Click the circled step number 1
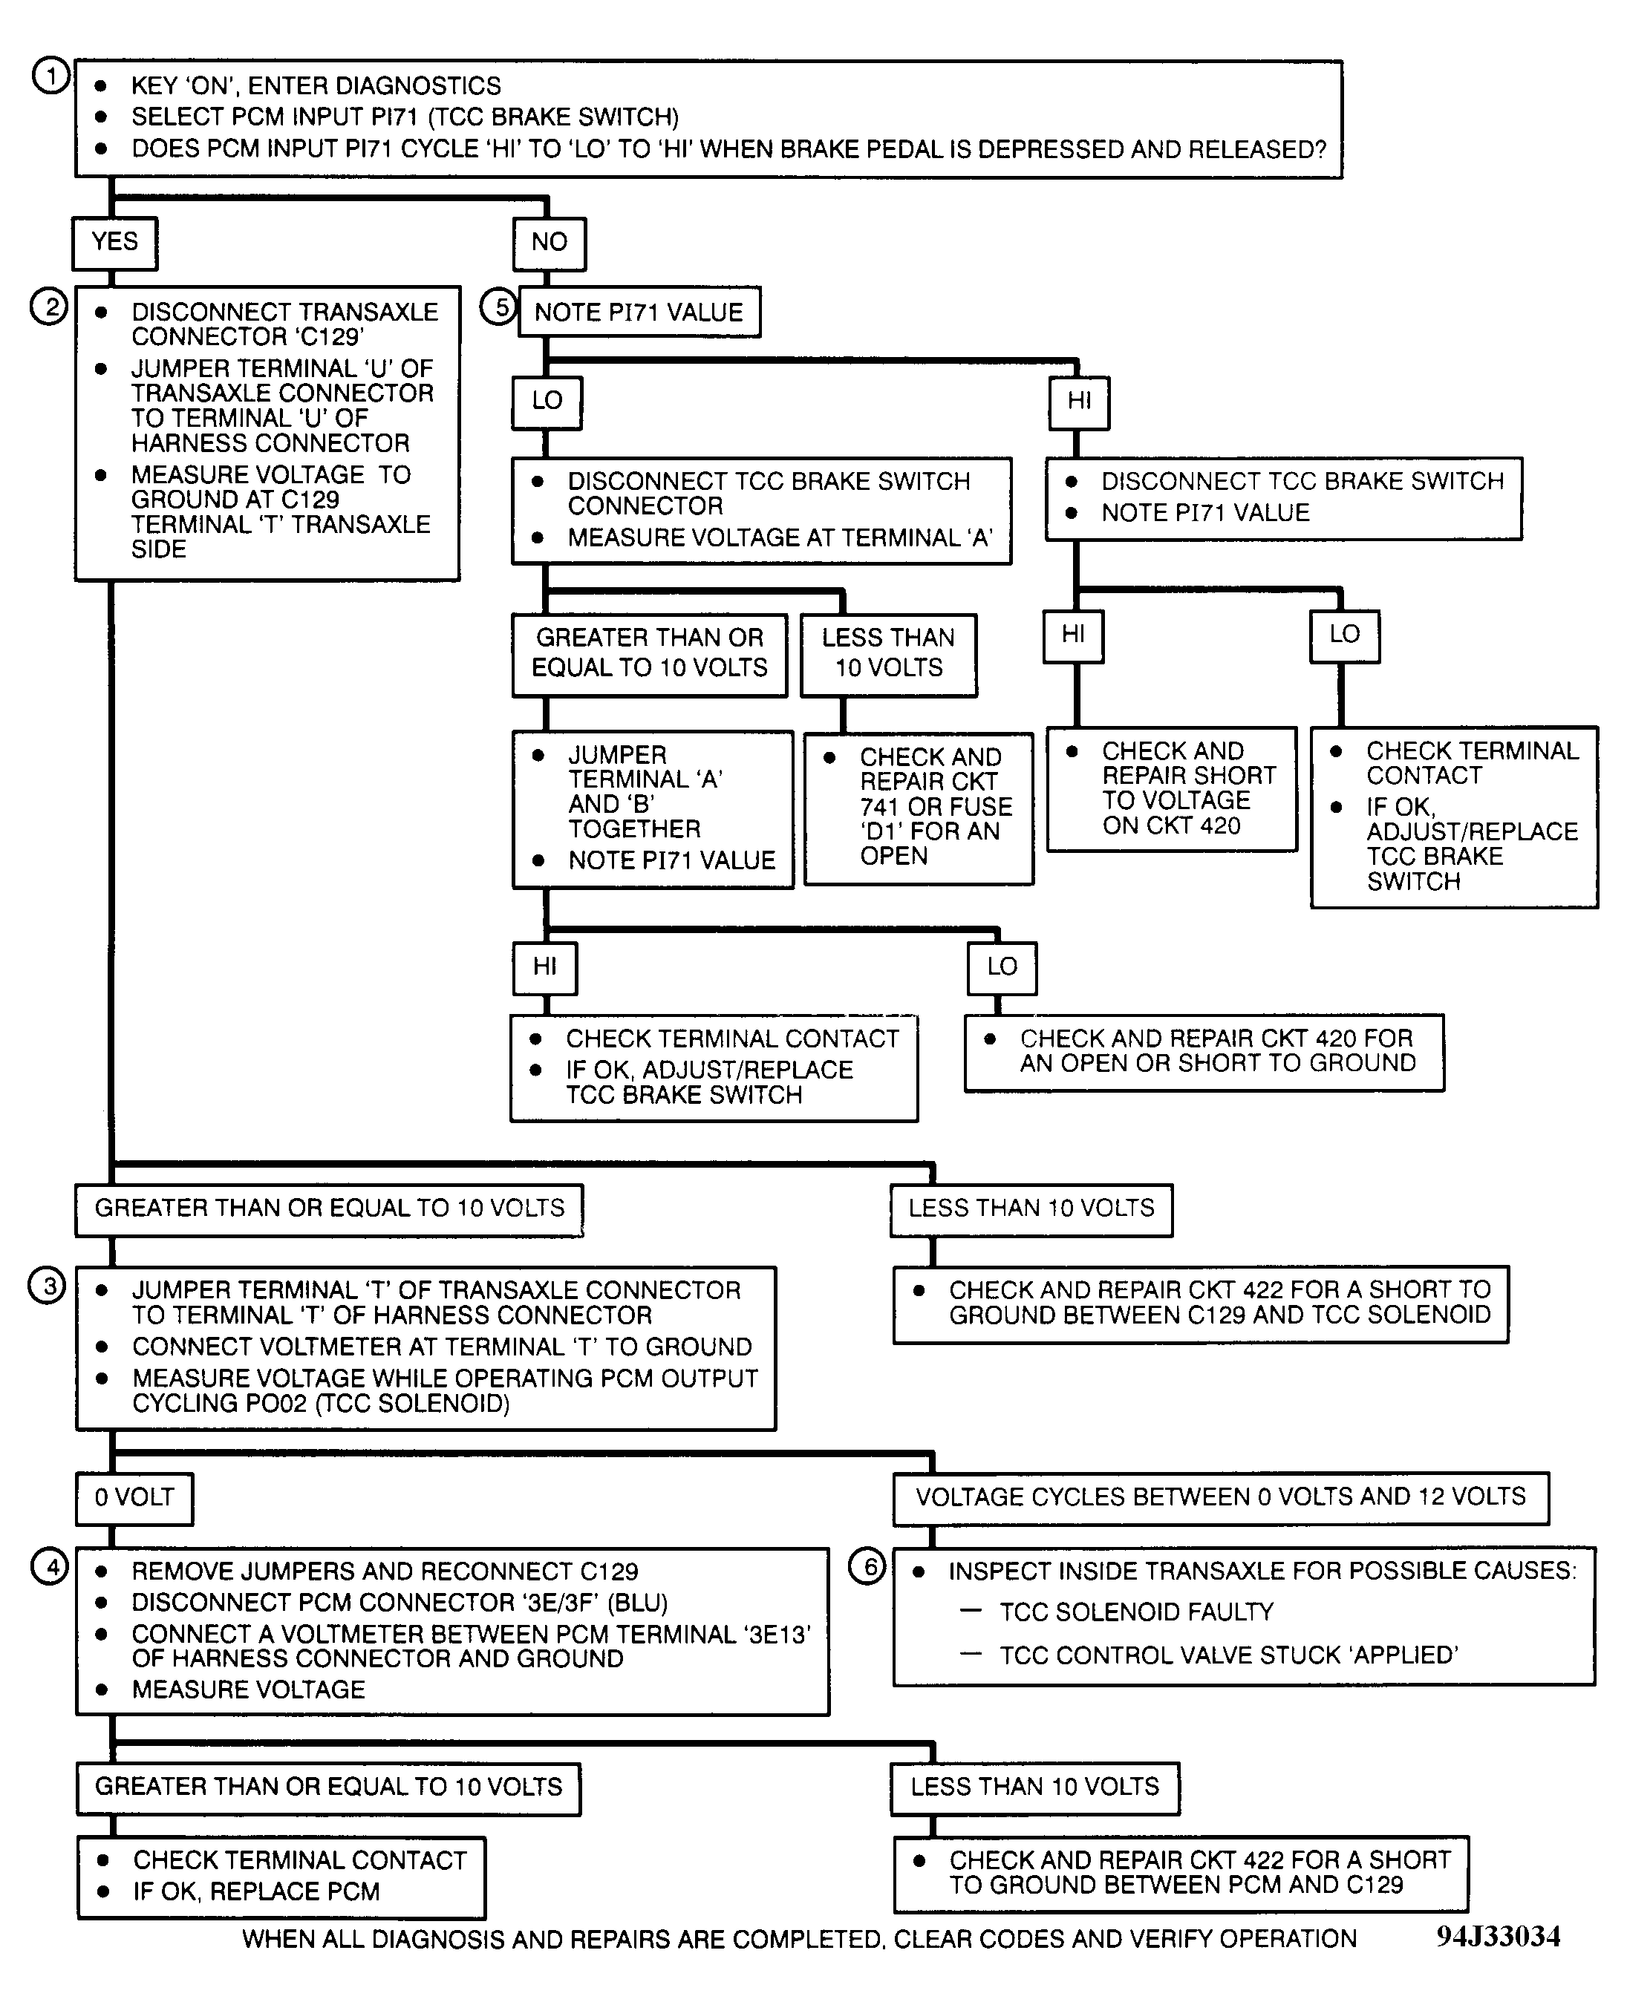click(50, 76)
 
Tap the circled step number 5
click(500, 307)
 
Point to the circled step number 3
click(48, 1286)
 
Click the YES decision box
click(114, 243)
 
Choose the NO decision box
click(550, 243)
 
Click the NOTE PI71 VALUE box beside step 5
click(639, 312)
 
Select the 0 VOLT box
click(134, 1497)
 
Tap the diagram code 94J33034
click(1498, 1937)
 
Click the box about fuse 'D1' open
click(919, 808)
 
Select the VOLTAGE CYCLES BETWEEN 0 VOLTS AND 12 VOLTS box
click(1220, 1497)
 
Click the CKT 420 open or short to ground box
click(1204, 1051)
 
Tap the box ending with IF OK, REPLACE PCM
click(281, 1877)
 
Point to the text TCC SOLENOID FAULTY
click(1136, 1612)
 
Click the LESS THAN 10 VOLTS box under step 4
click(1034, 1787)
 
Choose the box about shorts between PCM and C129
click(1181, 1873)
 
